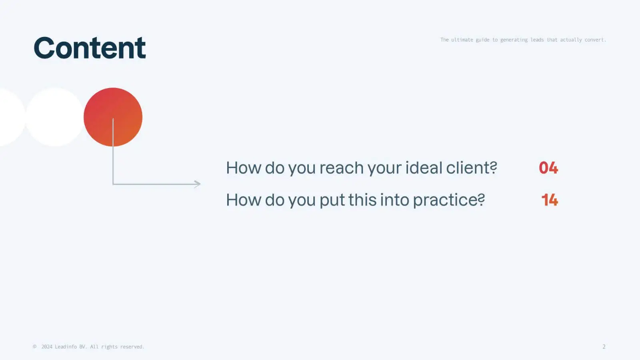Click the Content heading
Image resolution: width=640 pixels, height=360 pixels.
(x=90, y=48)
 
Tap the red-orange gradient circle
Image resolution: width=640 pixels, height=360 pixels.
(x=113, y=117)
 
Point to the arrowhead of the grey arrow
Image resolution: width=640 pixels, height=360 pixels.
(x=198, y=184)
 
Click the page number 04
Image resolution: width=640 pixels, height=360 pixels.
(x=548, y=168)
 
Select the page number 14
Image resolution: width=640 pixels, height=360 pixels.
(x=550, y=200)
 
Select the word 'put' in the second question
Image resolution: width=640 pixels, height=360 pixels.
(x=332, y=200)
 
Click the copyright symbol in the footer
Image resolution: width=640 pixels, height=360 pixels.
(x=34, y=346)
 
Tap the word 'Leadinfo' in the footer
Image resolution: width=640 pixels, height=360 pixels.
(x=66, y=346)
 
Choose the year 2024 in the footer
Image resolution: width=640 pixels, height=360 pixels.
(x=47, y=346)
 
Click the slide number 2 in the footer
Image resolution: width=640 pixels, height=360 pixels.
(x=604, y=346)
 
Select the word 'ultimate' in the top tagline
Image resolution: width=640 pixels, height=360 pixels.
(x=462, y=40)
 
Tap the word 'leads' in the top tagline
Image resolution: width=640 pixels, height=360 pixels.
(x=537, y=40)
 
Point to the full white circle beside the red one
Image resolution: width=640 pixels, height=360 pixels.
(x=54, y=117)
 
